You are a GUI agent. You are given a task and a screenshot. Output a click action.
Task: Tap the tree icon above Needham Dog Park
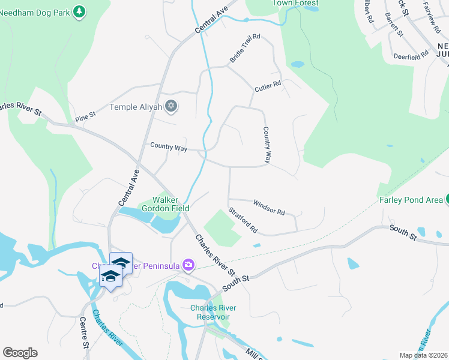point(79,11)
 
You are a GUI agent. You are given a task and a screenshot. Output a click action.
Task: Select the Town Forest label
point(295,3)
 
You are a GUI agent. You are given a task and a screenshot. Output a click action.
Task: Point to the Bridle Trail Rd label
point(245,49)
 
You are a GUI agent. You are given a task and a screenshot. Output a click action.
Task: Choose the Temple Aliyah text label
point(136,107)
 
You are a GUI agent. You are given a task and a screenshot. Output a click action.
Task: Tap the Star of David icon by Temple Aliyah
point(172,107)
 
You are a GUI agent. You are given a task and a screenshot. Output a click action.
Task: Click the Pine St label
point(85,115)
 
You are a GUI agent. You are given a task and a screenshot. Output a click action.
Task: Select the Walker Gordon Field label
point(170,204)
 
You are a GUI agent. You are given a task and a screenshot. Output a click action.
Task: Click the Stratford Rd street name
point(243,220)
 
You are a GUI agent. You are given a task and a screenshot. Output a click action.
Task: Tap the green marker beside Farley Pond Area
point(447,199)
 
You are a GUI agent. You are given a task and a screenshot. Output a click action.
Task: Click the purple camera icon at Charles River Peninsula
point(189,265)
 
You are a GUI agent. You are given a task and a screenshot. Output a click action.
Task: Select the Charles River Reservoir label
point(213,312)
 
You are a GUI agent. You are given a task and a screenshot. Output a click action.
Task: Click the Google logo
point(20,353)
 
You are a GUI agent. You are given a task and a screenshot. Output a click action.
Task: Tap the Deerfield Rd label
point(411,55)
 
